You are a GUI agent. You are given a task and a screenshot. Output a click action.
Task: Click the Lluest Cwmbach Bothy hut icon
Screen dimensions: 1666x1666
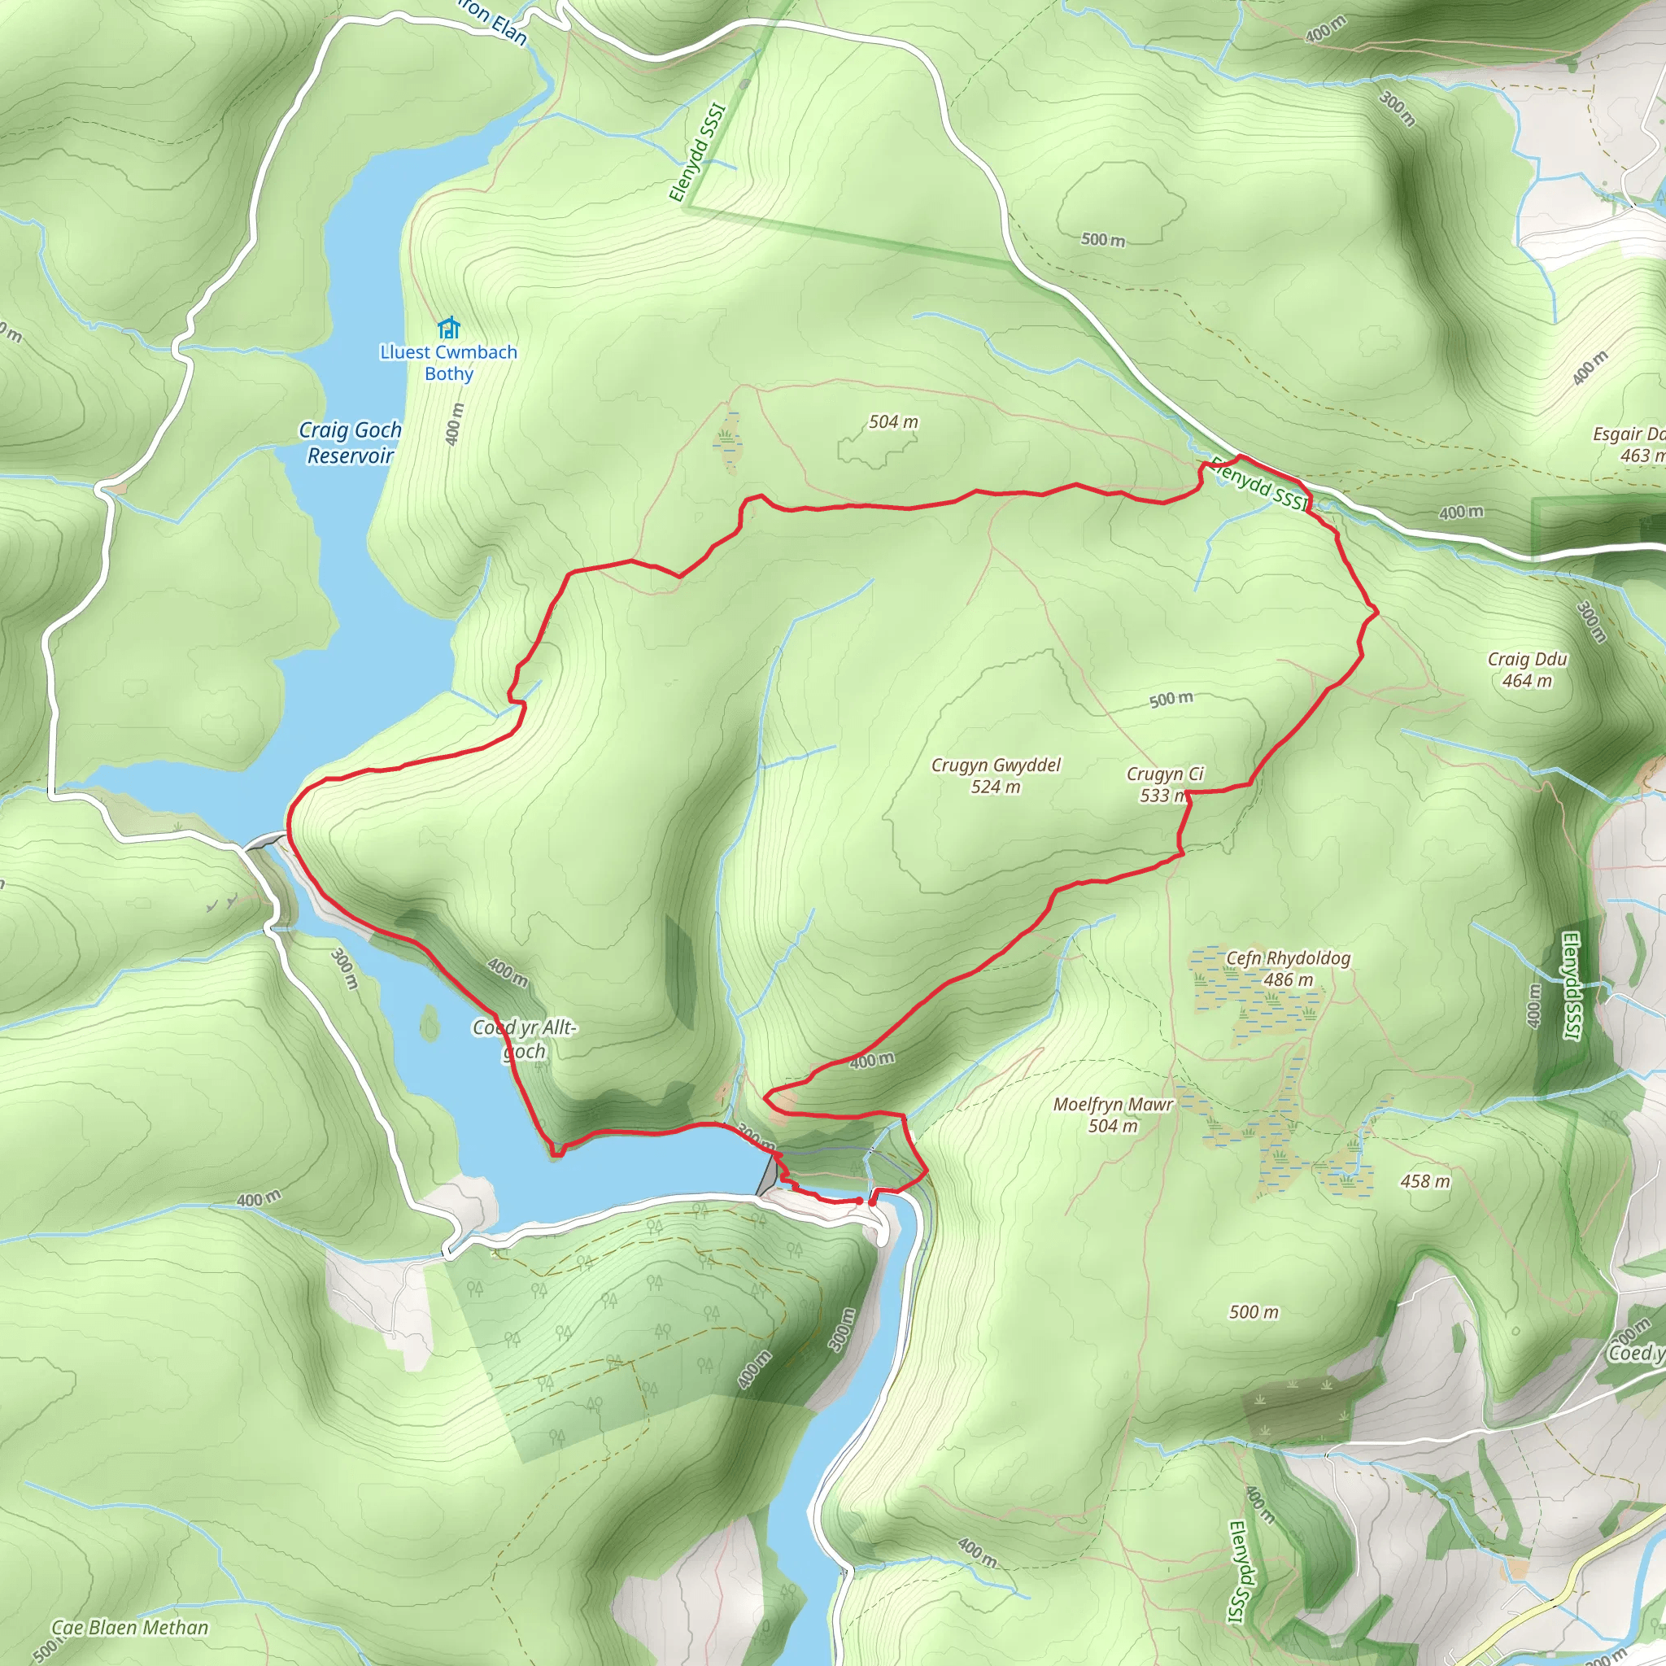pyautogui.click(x=448, y=328)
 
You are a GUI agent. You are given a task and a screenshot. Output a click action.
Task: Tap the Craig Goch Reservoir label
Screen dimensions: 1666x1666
pyautogui.click(x=350, y=443)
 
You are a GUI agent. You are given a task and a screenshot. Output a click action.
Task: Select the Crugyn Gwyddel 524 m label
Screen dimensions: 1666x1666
pyautogui.click(x=996, y=775)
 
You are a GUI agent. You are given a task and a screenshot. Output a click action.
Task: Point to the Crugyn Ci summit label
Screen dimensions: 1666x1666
pyautogui.click(x=1164, y=784)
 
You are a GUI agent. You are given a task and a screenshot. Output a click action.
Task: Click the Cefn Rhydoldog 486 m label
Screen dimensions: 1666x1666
pyautogui.click(x=1289, y=968)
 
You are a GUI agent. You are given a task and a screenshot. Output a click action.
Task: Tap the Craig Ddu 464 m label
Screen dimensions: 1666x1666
pyautogui.click(x=1527, y=670)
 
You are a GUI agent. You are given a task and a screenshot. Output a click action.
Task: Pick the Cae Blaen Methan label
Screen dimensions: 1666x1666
pyautogui.click(x=130, y=1627)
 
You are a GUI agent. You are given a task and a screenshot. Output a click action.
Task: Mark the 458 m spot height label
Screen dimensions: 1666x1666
pyautogui.click(x=1425, y=1181)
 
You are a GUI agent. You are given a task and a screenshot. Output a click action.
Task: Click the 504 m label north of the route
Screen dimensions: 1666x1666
pyautogui.click(x=893, y=421)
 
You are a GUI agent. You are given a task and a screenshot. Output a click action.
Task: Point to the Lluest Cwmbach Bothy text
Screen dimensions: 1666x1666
pyautogui.click(x=448, y=363)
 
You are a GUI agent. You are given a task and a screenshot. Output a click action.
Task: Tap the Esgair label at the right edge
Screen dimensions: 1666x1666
pyautogui.click(x=1629, y=444)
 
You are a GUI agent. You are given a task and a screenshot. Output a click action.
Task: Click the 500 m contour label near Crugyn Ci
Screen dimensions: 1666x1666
pyautogui.click(x=1171, y=700)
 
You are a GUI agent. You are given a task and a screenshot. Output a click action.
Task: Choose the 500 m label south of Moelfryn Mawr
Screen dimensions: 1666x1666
pyautogui.click(x=1254, y=1311)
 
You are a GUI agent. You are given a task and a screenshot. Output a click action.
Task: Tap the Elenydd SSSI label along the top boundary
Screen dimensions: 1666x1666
pyautogui.click(x=698, y=153)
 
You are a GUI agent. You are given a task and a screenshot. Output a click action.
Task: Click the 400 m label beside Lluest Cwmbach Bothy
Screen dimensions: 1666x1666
pyautogui.click(x=455, y=425)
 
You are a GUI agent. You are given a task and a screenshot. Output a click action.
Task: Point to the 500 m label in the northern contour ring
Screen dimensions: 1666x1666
pyautogui.click(x=1103, y=239)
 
